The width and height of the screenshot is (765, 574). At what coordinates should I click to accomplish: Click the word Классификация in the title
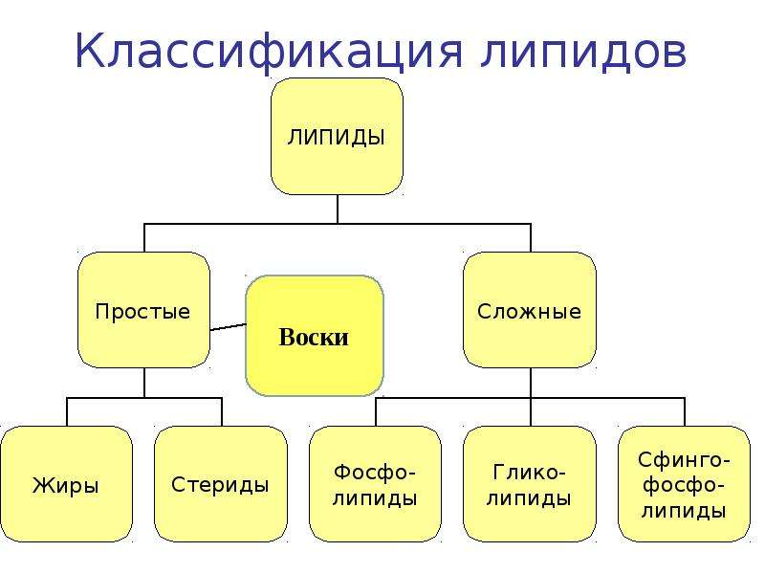tap(269, 52)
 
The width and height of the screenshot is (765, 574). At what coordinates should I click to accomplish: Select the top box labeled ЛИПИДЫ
tap(338, 137)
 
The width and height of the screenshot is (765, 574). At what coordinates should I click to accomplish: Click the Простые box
tap(144, 310)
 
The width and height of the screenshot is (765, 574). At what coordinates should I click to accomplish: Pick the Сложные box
tap(530, 310)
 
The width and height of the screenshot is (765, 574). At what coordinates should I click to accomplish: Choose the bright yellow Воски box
tap(315, 336)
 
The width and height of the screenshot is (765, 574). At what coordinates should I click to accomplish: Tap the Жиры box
tap(66, 484)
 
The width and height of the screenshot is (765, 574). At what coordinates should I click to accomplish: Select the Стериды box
tap(221, 484)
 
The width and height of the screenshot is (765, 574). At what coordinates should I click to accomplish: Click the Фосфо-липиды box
tap(375, 484)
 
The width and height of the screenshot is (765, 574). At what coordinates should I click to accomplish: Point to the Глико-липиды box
tap(530, 484)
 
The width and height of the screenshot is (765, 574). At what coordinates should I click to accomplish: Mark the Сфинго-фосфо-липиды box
tap(684, 484)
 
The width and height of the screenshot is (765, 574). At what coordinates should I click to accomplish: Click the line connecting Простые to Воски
tap(229, 326)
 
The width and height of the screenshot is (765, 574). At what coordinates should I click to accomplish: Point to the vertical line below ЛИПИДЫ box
tap(338, 210)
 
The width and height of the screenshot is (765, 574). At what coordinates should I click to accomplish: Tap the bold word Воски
tap(314, 337)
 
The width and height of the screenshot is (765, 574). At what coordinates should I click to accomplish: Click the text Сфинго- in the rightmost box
tap(684, 460)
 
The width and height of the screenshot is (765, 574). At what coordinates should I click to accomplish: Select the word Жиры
tap(66, 485)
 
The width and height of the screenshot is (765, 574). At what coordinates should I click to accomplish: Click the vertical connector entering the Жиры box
tap(67, 412)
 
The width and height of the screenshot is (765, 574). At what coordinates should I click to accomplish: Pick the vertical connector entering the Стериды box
tap(222, 412)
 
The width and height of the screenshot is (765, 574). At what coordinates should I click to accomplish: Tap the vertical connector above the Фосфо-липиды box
tap(376, 412)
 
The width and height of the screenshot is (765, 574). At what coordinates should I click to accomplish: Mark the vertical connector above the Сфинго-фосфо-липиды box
tap(685, 412)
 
